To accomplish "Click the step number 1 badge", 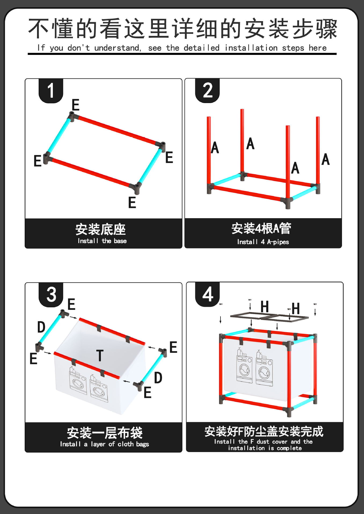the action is coord(51,90).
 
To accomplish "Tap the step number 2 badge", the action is coord(207,90).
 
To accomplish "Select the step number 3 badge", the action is coord(51,294).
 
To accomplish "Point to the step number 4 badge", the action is coord(208,294).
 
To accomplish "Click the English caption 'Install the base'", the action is coord(102,241).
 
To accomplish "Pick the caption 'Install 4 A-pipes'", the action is coord(263,242).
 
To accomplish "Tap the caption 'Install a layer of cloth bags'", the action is coord(104,444).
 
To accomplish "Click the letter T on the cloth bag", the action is coord(100,356).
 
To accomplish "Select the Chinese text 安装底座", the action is coord(101,229).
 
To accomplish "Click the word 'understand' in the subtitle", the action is coord(117,48).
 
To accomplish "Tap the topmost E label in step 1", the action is coord(75,105).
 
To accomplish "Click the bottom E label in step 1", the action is coord(132,202).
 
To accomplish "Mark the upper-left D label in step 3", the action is coord(41,327).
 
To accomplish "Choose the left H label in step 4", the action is coord(264,307).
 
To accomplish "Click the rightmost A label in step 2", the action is coord(325,159).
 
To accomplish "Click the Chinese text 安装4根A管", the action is coord(261,229).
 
